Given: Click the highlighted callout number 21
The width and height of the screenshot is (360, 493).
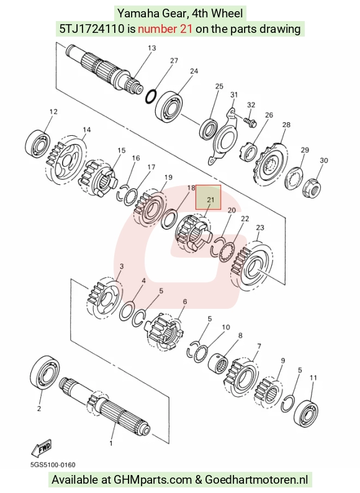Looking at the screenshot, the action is pos(210,200).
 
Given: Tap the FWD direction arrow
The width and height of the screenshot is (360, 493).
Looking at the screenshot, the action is pos(41,447).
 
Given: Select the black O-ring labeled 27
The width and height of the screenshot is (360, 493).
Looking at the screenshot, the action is pos(151,96).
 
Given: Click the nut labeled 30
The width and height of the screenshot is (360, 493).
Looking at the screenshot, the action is pos(312,187).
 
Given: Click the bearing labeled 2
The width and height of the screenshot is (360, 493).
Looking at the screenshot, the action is pos(45,372).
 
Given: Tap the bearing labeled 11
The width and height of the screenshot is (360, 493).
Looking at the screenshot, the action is pos(305,413).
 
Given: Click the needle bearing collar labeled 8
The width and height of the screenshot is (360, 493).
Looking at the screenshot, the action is pos(217,362).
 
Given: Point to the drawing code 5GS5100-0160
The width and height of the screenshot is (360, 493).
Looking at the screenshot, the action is pos(53,464).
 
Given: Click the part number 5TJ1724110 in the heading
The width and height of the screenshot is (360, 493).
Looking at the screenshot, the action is pos(92,29).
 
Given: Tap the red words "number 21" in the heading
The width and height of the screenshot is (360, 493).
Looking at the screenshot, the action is pos(165,29).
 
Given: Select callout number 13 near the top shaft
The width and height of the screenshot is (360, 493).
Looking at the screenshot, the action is pos(151,48).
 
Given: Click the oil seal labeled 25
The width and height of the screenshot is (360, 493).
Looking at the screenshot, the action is pos(209,128).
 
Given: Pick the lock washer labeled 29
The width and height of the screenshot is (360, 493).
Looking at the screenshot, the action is pos(294,178).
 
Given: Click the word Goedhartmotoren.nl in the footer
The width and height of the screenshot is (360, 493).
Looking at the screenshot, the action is pos(256,480).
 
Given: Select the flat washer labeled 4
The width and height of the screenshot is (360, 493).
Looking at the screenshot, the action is pos(127,311).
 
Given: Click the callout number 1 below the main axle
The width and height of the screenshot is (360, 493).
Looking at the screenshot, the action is pos(110,443).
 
